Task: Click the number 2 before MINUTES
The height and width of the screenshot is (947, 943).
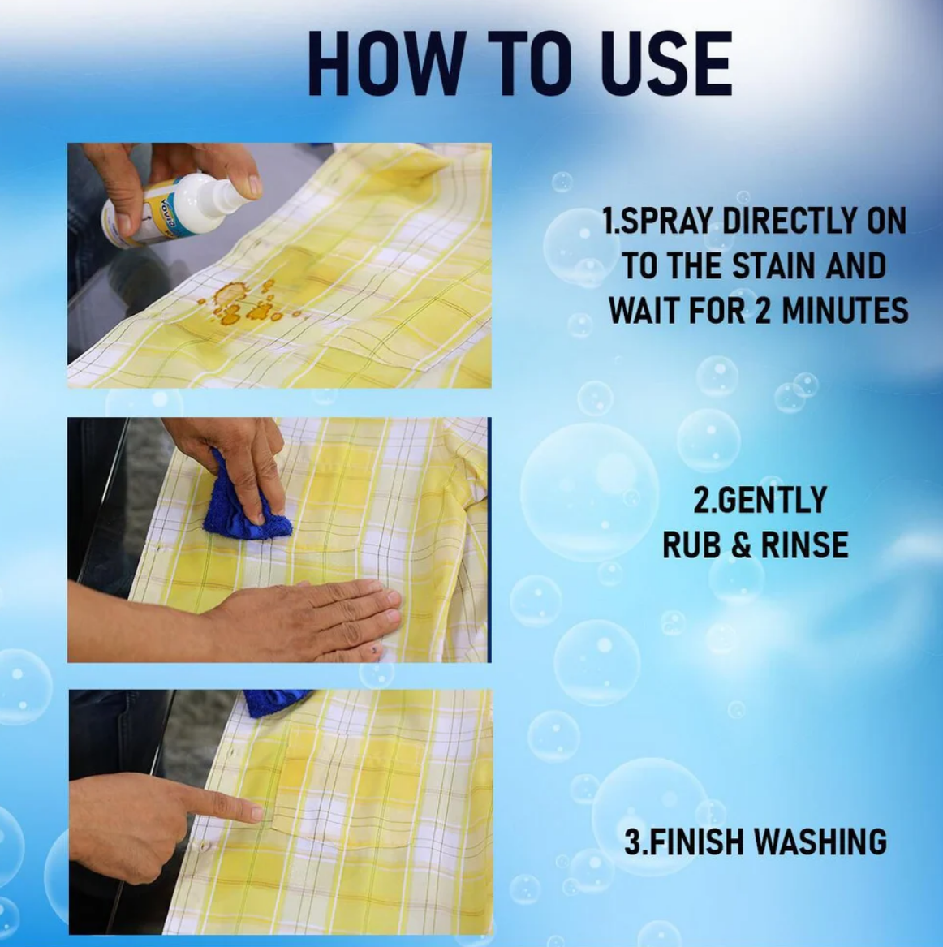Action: [x=763, y=311]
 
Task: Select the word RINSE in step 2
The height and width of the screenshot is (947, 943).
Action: [x=804, y=545]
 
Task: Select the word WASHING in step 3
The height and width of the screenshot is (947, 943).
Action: [x=820, y=842]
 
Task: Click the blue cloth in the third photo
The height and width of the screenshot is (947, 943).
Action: [x=275, y=703]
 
